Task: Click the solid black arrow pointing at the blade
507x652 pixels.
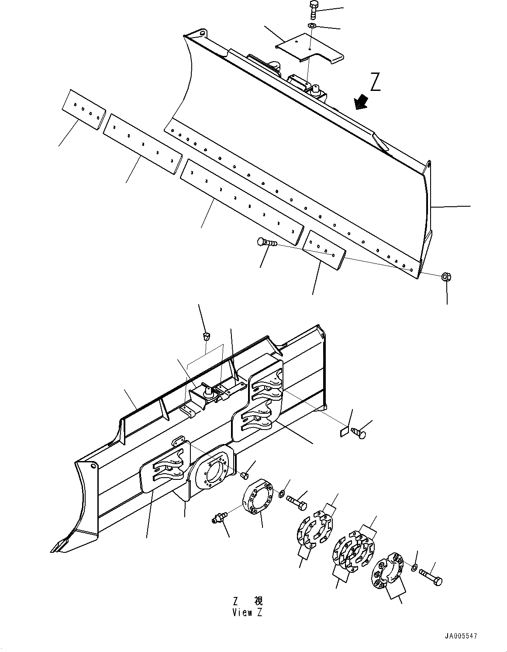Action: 361,102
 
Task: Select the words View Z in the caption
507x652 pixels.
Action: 247,613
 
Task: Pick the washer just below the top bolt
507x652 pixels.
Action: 312,27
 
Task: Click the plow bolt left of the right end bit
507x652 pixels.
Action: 265,242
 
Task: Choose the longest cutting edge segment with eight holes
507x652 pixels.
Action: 242,201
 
